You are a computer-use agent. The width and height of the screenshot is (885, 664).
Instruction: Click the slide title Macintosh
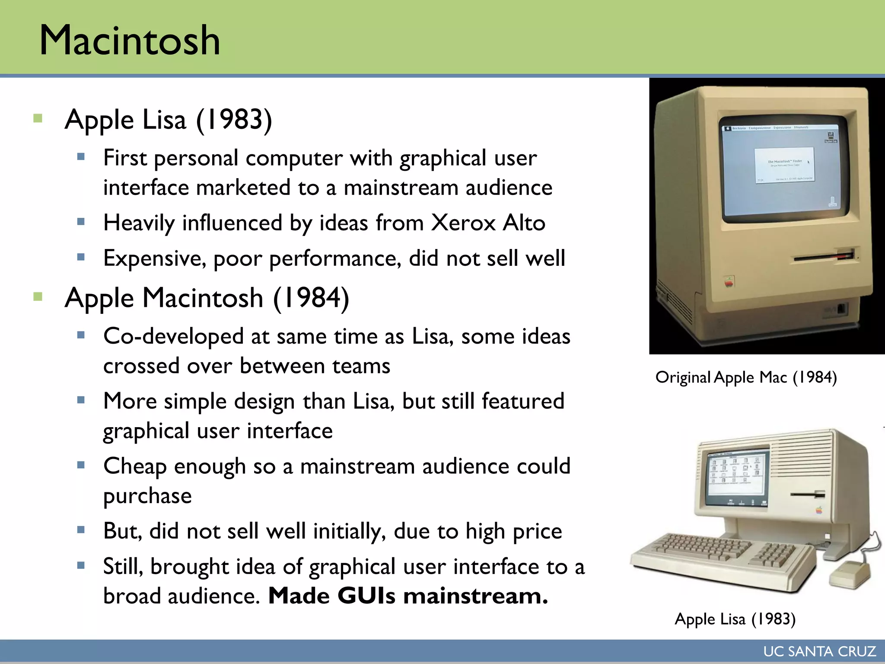coord(130,40)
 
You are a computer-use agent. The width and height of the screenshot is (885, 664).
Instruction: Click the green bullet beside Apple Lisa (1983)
coord(38,118)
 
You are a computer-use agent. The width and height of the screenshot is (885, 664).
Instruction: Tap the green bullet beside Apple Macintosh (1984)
coord(38,297)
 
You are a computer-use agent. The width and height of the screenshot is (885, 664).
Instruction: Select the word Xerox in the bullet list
coord(463,223)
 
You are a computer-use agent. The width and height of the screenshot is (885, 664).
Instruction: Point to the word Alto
coord(524,223)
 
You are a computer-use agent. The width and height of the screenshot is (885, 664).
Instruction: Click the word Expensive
coord(154,259)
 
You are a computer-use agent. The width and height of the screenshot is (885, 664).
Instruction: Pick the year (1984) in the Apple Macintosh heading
coord(311,298)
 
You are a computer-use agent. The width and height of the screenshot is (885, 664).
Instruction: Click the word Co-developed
coord(173,336)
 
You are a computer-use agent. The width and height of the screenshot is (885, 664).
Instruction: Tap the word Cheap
coord(135,466)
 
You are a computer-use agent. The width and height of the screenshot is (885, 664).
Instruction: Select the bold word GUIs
coord(366,596)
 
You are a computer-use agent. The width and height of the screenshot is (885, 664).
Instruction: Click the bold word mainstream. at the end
coord(475,596)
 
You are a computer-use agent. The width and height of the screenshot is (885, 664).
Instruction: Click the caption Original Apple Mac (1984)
coord(746,377)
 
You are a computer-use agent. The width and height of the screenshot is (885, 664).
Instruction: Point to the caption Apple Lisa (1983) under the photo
coord(735,619)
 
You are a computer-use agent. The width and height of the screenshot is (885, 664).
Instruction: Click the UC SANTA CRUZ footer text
coord(819,651)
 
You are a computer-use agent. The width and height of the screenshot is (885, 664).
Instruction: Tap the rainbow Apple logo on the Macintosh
coord(729,282)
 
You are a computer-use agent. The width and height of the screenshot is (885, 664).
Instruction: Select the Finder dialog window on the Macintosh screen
coord(784,165)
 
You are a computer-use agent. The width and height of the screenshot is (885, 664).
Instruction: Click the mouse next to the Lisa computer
coord(849,573)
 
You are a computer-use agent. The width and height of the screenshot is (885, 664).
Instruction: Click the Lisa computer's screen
coord(737,478)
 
